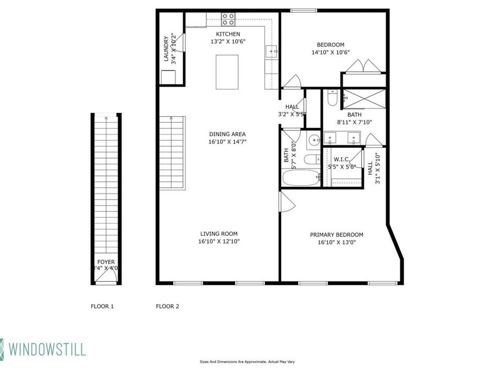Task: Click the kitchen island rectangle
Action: [x=227, y=72]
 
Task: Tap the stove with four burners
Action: [x=228, y=19]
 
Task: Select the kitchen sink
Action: [x=273, y=52]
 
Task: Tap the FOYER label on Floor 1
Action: [x=106, y=262]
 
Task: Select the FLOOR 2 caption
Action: [x=167, y=306]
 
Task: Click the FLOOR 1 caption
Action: [x=102, y=306]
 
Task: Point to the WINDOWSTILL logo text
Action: [x=47, y=349]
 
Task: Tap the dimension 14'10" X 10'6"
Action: [x=331, y=52]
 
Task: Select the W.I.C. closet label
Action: [x=342, y=159]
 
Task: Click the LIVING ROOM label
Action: [x=218, y=234]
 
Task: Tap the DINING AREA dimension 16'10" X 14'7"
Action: [x=227, y=142]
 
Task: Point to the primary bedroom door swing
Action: [x=287, y=202]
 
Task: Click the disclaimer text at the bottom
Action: [x=247, y=362]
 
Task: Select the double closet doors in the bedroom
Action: [x=364, y=66]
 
